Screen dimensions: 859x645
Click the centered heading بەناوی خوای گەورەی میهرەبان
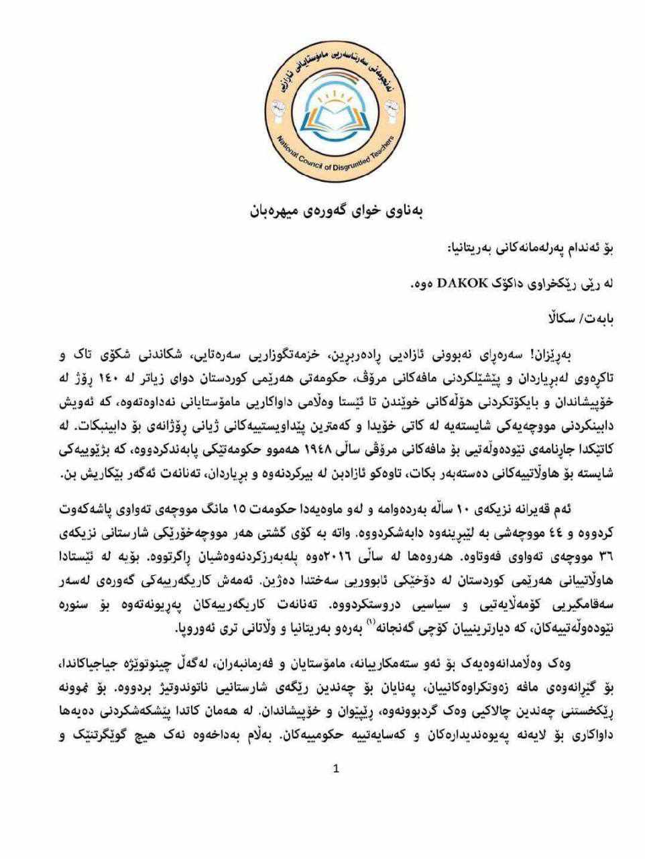pos(337,211)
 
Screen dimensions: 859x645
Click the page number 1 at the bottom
pos(336,768)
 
